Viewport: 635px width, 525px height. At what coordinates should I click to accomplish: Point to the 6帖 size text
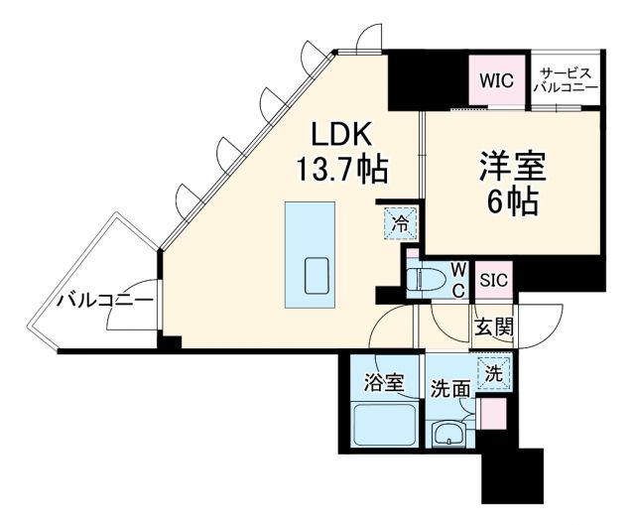coord(513,201)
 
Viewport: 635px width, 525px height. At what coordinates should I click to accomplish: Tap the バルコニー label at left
coord(104,299)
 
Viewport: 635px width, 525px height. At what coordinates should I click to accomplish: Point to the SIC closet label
coord(493,281)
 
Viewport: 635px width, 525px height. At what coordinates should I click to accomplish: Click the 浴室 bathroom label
coord(384,382)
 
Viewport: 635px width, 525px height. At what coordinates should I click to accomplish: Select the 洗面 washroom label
coord(449,388)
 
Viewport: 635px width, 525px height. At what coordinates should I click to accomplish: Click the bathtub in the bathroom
coord(384,426)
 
